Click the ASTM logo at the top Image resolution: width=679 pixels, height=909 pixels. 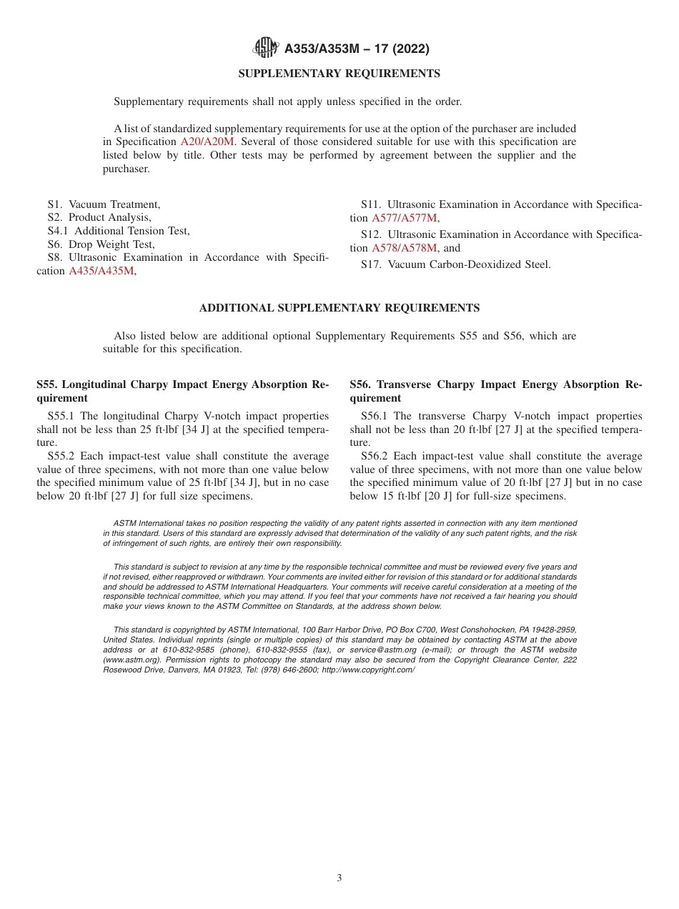(266, 49)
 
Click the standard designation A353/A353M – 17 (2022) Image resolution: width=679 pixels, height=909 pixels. (357, 49)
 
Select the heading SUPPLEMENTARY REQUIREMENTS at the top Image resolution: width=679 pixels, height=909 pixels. (339, 74)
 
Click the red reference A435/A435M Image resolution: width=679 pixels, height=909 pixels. (101, 271)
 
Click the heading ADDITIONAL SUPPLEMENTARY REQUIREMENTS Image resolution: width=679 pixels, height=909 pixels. (339, 308)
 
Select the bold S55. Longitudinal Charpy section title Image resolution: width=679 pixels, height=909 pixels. (182, 391)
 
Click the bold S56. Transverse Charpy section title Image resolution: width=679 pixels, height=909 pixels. (495, 391)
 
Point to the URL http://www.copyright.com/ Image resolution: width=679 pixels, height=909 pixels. (368, 670)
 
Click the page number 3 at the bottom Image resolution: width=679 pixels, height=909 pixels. (339, 878)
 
